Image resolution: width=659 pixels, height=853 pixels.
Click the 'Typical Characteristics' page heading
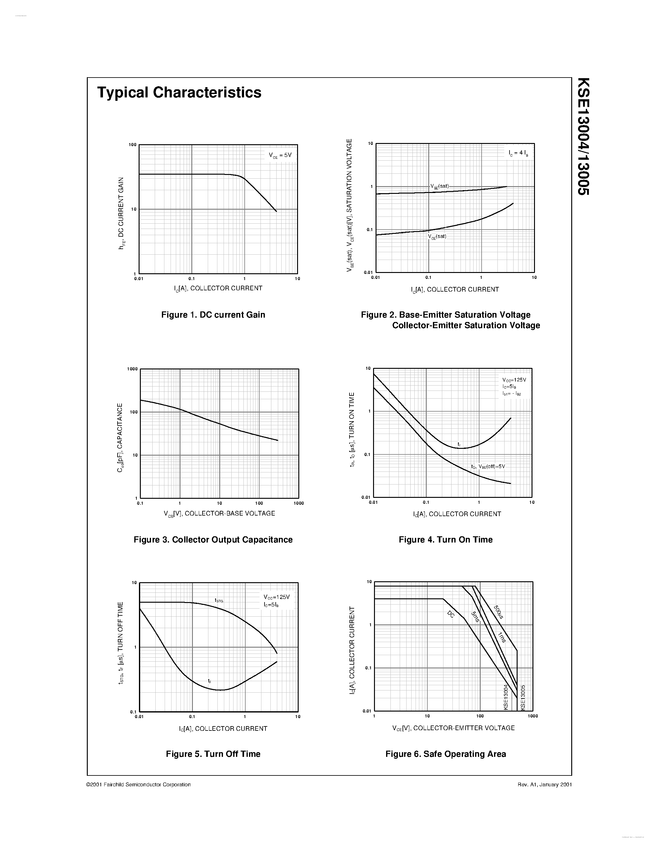[179, 92]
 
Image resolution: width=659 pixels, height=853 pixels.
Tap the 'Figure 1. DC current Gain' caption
[213, 315]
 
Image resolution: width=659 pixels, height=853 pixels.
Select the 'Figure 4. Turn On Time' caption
[445, 539]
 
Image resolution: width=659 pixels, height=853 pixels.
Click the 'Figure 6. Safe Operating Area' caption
[445, 754]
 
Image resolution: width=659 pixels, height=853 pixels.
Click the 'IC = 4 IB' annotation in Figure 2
[519, 154]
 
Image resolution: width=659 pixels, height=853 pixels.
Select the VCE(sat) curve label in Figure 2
[437, 236]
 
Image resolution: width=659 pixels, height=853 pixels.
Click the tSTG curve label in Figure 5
[219, 600]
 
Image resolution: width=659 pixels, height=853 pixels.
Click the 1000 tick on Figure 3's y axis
[133, 369]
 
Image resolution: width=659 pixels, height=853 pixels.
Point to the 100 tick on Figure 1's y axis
[133, 145]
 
